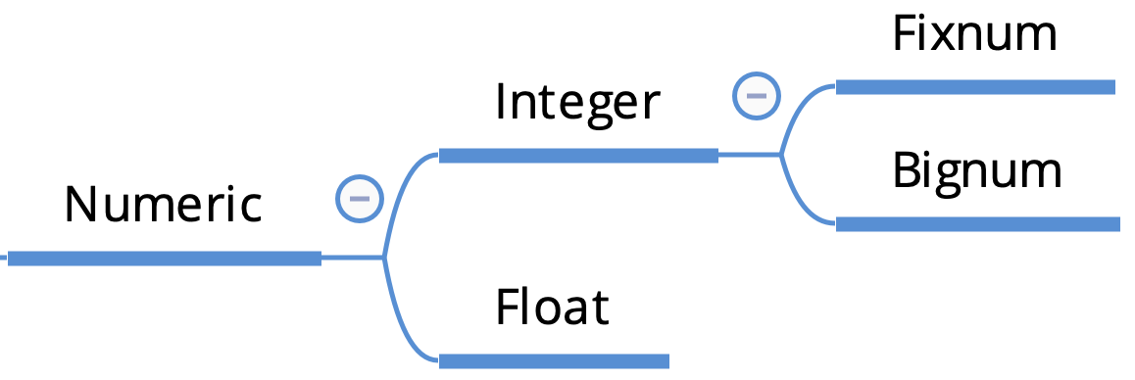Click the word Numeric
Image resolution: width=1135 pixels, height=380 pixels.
click(x=164, y=206)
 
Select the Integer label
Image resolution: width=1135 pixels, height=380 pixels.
click(x=578, y=102)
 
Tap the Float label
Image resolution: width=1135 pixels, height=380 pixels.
click(x=552, y=307)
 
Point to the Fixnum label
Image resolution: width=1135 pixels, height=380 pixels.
click(x=975, y=35)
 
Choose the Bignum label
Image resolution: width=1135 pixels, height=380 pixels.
click(x=977, y=171)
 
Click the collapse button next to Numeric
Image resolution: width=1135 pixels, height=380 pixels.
click(x=360, y=198)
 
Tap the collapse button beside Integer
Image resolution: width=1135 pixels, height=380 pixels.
click(x=757, y=95)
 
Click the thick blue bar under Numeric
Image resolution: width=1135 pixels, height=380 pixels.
click(x=164, y=259)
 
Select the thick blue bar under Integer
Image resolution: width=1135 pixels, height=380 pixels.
click(x=578, y=156)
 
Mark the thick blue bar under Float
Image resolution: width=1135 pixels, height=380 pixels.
click(x=554, y=361)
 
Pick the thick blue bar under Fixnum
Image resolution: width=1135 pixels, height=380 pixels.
click(x=975, y=88)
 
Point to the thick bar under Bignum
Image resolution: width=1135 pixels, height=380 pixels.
click(x=977, y=224)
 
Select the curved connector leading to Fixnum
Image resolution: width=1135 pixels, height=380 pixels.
click(x=797, y=108)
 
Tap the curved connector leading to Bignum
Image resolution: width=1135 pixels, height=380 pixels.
click(x=797, y=201)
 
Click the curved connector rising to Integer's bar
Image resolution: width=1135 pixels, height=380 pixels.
click(x=400, y=191)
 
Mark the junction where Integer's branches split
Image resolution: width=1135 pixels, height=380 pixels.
click(x=780, y=155)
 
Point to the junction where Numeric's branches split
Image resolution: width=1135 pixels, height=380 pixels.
click(x=383, y=259)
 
